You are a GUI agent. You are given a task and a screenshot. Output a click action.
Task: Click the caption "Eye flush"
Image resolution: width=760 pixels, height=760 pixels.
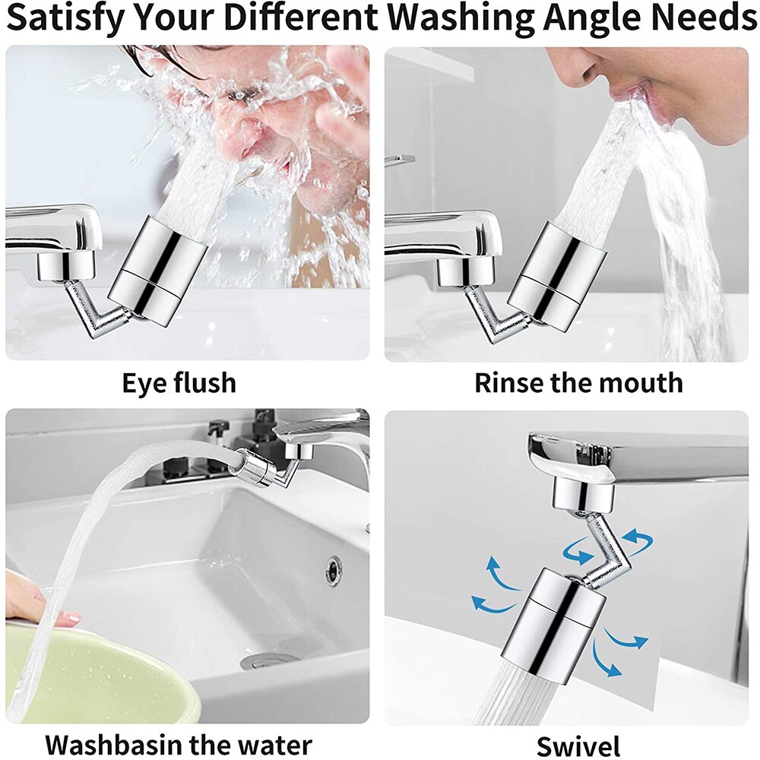pos(179,382)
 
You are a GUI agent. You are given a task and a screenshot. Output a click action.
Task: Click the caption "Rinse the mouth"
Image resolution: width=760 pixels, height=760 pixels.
pos(578,382)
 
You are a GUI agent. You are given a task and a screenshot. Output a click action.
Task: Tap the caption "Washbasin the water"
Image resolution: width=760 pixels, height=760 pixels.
pos(179,744)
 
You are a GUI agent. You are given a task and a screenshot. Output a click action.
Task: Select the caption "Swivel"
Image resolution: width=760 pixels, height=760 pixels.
pos(578,745)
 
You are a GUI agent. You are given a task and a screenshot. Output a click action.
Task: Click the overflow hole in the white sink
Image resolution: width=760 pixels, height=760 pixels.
pos(334,569)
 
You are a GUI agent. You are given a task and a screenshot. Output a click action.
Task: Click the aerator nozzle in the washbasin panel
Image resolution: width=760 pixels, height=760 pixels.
pos(254,469)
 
